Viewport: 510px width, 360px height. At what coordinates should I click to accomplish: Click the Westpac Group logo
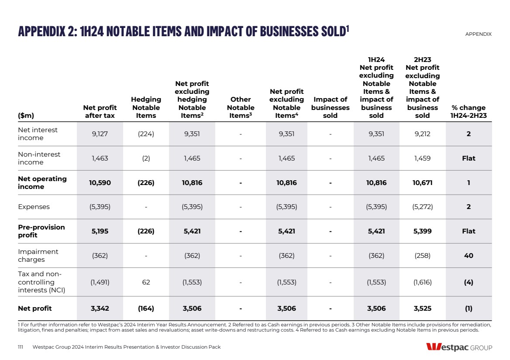pyautogui.click(x=459, y=347)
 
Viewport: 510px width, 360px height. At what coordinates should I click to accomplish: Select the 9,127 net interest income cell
pyautogui.click(x=100, y=134)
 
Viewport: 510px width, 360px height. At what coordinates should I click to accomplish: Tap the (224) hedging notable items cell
pyautogui.click(x=146, y=134)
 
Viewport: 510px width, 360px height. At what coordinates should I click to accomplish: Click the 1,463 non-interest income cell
pyautogui.click(x=100, y=158)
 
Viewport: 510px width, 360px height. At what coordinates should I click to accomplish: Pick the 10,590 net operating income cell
pyautogui.click(x=100, y=183)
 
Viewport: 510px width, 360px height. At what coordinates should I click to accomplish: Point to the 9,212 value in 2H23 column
pyautogui.click(x=422, y=134)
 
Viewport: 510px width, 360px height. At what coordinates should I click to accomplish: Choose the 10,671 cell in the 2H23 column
pyautogui.click(x=422, y=183)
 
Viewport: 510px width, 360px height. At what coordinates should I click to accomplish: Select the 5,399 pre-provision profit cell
pyautogui.click(x=422, y=231)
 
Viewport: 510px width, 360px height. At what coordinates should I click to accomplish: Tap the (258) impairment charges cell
pyautogui.click(x=422, y=256)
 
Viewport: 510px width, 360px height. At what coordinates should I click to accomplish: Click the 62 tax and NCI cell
pyautogui.click(x=146, y=282)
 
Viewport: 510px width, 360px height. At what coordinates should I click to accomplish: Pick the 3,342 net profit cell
pyautogui.click(x=100, y=309)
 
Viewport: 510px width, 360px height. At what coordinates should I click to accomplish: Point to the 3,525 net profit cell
pyautogui.click(x=422, y=309)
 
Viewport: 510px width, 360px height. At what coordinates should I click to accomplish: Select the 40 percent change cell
pyautogui.click(x=469, y=256)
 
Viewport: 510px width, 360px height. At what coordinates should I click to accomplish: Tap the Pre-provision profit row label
pyautogui.click(x=41, y=231)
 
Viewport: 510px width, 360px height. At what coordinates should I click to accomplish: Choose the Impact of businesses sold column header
pyautogui.click(x=330, y=107)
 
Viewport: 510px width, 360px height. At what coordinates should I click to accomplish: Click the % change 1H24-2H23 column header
pyautogui.click(x=469, y=112)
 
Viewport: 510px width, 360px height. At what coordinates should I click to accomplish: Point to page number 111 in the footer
pyautogui.click(x=21, y=347)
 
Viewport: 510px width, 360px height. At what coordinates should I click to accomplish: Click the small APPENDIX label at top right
pyautogui.click(x=478, y=34)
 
